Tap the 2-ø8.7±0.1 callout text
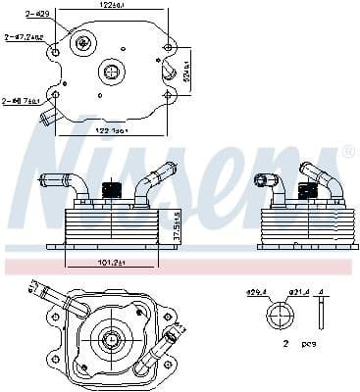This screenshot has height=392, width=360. click(x=21, y=100)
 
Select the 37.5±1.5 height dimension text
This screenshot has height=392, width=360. click(x=176, y=230)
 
